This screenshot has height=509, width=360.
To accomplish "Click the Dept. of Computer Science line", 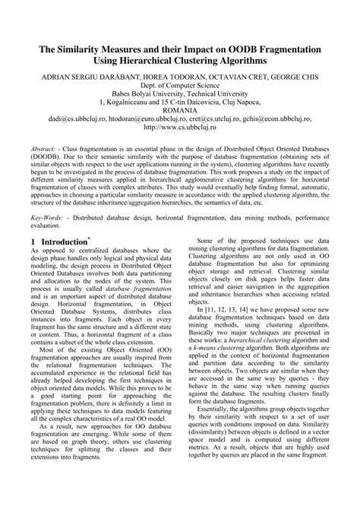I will pyautogui.click(x=179, y=87).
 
